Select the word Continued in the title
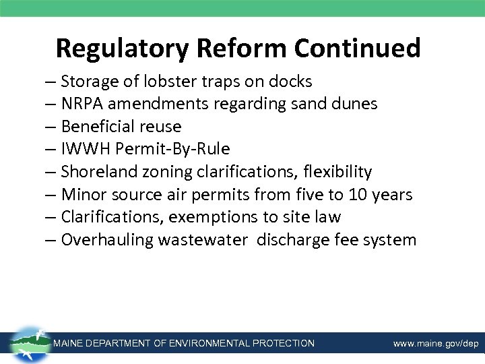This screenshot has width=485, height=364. [x=358, y=49]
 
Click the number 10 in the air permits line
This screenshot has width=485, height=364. [x=358, y=195]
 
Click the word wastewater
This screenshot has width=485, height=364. [x=203, y=240]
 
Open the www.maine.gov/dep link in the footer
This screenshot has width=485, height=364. [x=436, y=344]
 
